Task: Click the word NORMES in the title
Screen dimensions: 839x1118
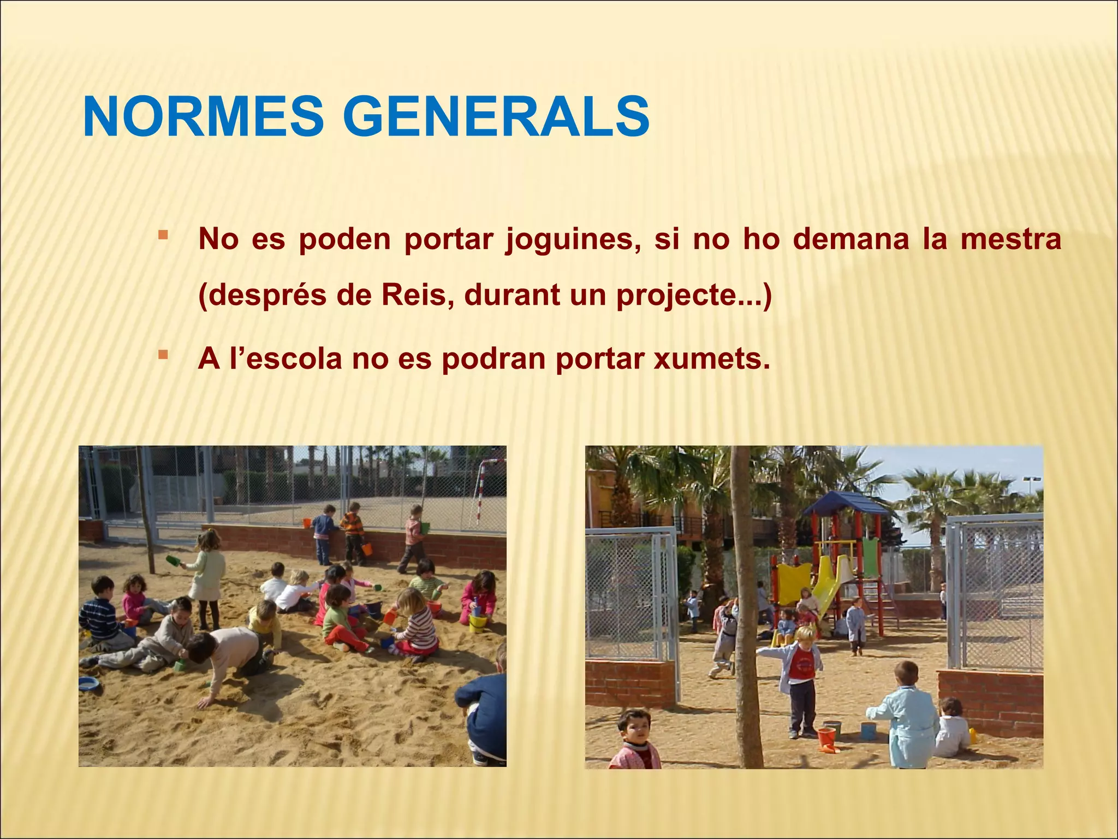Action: pyautogui.click(x=203, y=117)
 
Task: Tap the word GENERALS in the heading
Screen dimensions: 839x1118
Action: pyautogui.click(x=496, y=117)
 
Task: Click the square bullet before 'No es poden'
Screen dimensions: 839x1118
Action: pyautogui.click(x=162, y=235)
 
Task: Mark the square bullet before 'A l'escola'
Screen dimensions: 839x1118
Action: pyautogui.click(x=162, y=355)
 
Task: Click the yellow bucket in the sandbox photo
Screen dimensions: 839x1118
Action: pyautogui.click(x=477, y=622)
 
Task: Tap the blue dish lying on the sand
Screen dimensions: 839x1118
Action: pyautogui.click(x=88, y=683)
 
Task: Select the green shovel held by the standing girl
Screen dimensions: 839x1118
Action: pyautogui.click(x=174, y=560)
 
